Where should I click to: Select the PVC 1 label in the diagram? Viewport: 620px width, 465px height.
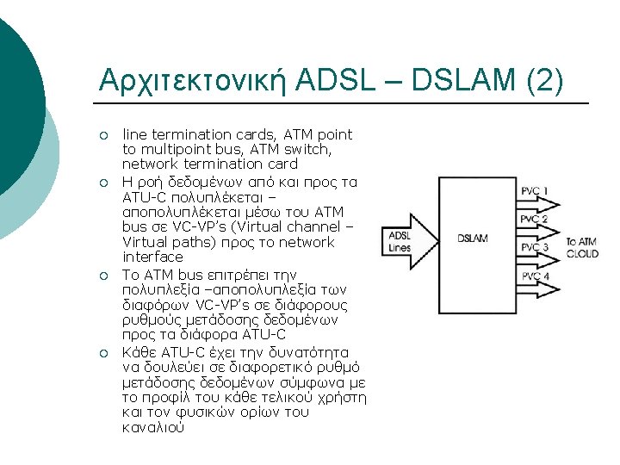click(534, 190)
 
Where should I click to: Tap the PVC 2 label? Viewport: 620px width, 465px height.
click(534, 219)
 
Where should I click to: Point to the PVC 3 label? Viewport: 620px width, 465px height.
click(534, 248)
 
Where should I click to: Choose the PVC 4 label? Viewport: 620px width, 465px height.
click(534, 276)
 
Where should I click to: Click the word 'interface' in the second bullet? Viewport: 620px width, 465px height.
click(152, 257)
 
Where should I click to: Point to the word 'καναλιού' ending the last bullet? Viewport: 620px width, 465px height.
click(152, 427)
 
